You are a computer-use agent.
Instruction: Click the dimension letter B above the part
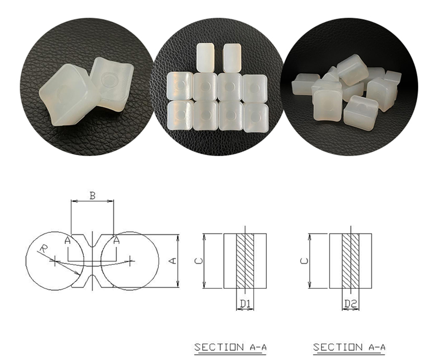92,196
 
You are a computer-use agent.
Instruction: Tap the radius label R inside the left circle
43,248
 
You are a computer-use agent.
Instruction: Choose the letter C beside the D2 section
304,261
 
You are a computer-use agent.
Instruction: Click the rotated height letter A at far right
173,261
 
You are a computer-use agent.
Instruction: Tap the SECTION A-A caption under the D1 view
230,347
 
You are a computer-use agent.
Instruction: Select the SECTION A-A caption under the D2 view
349,347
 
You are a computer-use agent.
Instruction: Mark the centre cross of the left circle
55,261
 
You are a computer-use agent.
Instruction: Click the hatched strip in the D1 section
245,261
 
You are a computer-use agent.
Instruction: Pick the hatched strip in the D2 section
351,261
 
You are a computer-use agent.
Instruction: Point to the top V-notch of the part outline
92,241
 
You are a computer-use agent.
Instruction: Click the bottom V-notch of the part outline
92,281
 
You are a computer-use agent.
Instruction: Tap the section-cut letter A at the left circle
68,240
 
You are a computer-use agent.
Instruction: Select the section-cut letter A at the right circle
116,240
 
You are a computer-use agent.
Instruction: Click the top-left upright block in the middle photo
206,57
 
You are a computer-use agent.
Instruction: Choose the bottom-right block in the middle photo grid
256,117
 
